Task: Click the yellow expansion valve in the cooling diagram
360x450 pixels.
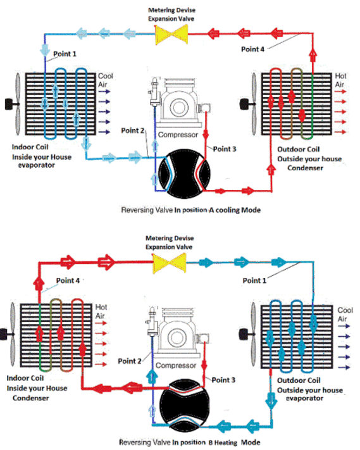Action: tap(171, 34)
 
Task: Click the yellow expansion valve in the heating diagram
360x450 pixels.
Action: tap(170, 263)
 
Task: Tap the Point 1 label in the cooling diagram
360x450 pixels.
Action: tap(65, 54)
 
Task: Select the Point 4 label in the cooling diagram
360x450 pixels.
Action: tap(252, 49)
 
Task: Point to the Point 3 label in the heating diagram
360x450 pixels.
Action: tap(223, 380)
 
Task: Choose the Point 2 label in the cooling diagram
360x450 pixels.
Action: tap(132, 130)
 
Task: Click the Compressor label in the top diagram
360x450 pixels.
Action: tap(178, 135)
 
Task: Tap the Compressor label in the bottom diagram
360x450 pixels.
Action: tap(176, 365)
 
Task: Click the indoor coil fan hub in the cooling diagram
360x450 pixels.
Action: tap(9, 104)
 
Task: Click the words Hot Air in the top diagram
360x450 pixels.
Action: tap(340, 80)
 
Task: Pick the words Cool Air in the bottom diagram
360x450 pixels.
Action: tap(345, 315)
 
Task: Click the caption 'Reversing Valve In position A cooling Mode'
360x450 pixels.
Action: tap(191, 210)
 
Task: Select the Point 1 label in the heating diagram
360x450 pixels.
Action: tap(254, 280)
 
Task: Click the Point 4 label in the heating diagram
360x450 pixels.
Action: tap(68, 280)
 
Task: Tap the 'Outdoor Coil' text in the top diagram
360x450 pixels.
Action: tap(299, 149)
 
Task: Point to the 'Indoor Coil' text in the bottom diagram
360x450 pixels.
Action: tap(25, 378)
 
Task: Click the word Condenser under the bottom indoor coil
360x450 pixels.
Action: tap(31, 398)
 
